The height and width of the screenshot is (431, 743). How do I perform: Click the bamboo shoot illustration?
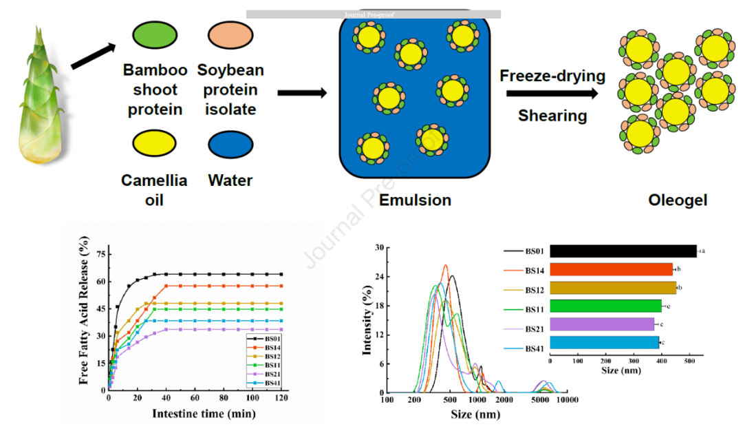pyautogui.click(x=38, y=96)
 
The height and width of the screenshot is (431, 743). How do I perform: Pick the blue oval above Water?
pyautogui.click(x=230, y=145)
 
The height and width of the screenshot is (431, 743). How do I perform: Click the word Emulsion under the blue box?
pyautogui.click(x=415, y=200)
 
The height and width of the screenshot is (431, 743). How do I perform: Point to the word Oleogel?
pyautogui.click(x=678, y=200)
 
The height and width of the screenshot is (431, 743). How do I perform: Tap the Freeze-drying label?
pyautogui.click(x=552, y=75)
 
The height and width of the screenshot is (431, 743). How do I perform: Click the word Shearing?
pyautogui.click(x=552, y=115)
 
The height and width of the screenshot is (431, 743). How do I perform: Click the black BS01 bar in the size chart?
pyautogui.click(x=623, y=251)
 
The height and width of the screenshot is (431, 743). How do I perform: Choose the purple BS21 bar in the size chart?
pyautogui.click(x=602, y=324)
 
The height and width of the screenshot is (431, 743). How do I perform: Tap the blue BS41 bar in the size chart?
pyautogui.click(x=605, y=341)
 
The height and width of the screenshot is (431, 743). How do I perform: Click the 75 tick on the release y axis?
pyautogui.click(x=100, y=254)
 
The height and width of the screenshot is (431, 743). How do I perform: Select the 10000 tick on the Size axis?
pyautogui.click(x=567, y=399)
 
